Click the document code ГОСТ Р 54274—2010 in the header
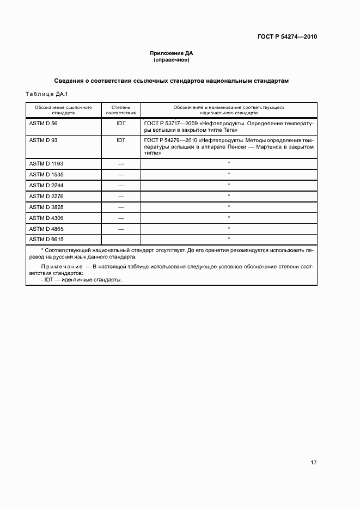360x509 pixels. click(287, 37)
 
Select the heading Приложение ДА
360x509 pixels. click(172, 53)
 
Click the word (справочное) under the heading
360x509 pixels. click(172, 60)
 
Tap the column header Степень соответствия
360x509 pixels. click(120, 111)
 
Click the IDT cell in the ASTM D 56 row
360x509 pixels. click(120, 124)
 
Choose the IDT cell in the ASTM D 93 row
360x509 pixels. click(120, 140)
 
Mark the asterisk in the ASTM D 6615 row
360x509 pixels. click(229, 239)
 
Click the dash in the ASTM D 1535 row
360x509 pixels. click(121, 174)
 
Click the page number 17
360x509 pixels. click(313, 463)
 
